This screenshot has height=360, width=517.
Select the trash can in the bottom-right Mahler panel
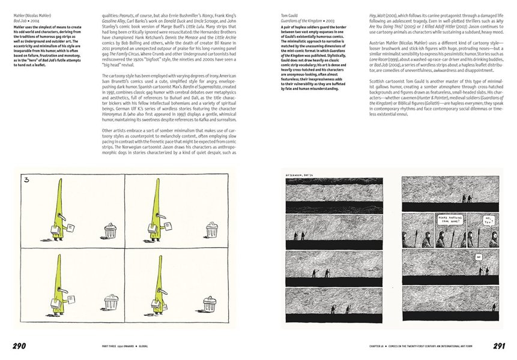210,304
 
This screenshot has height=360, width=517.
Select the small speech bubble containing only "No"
479,257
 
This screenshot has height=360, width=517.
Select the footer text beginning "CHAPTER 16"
427,346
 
